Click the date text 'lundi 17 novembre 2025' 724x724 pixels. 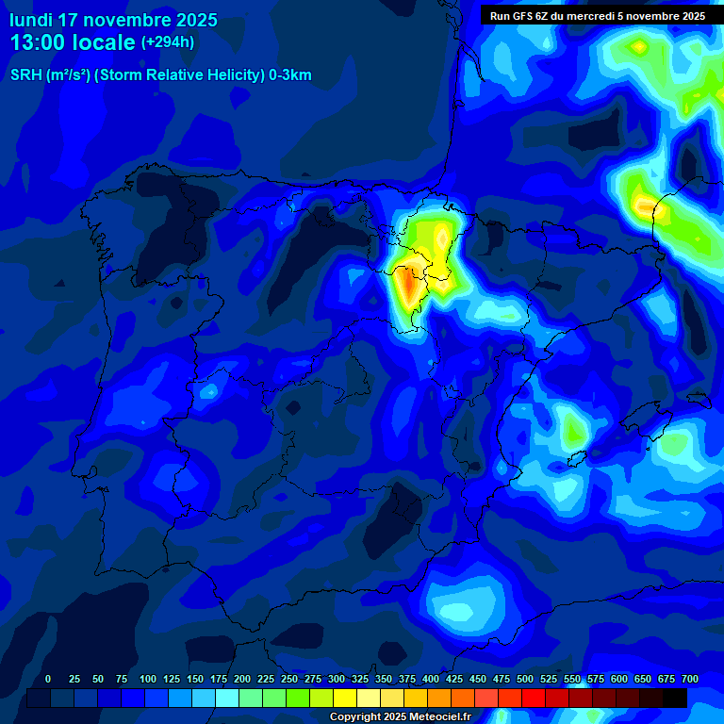[113, 20]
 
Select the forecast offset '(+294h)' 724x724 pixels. [168, 42]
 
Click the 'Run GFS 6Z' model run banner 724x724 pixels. [597, 16]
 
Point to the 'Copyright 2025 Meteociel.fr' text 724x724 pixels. [400, 717]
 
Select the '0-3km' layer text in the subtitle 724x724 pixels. [289, 75]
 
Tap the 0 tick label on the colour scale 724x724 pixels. [48, 680]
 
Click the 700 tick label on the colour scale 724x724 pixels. [689, 680]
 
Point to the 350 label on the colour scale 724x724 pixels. [384, 680]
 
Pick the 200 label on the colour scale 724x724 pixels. [242, 680]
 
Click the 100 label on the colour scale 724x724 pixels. [148, 680]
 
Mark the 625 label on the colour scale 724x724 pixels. [619, 680]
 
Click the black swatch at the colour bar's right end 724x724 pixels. [675, 699]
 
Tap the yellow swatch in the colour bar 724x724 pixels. [345, 699]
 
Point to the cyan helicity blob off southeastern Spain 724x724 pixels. [459, 608]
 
